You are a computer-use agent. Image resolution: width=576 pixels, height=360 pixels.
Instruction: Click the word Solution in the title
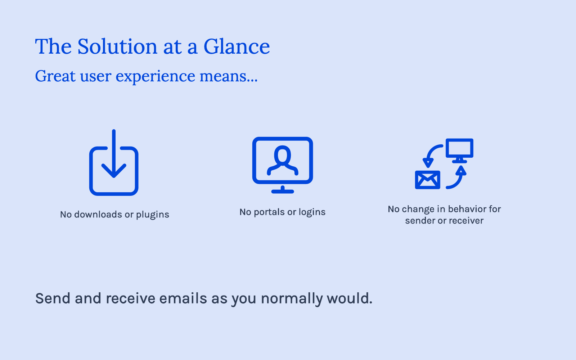click(117, 46)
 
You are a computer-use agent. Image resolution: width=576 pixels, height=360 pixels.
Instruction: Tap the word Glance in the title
click(237, 46)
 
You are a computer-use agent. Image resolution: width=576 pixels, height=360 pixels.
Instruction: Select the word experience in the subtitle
click(155, 77)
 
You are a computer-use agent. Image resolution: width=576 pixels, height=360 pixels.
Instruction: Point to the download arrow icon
click(114, 154)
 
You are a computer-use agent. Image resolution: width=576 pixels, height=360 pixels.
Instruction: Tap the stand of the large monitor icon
click(282, 189)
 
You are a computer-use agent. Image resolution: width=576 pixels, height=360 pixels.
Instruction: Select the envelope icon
click(427, 180)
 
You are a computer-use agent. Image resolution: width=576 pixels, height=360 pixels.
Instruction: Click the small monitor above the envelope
click(459, 151)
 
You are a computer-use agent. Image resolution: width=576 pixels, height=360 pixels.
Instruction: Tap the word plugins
click(153, 215)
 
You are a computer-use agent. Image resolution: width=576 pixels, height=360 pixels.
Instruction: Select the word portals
click(269, 212)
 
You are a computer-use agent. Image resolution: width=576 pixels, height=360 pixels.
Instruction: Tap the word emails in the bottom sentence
click(183, 298)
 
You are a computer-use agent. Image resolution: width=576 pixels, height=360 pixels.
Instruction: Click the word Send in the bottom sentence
click(53, 298)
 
